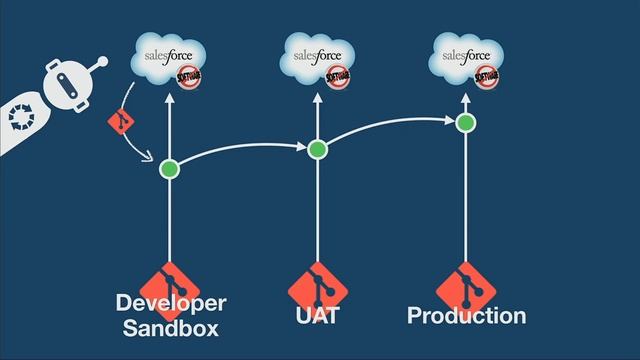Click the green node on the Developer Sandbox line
point(169,168)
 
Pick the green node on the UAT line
point(317,150)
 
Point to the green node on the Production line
point(465,123)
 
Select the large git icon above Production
point(465,285)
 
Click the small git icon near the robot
point(119,123)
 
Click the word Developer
point(171,303)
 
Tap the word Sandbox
point(170,328)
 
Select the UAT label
point(317,316)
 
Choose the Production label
point(466,316)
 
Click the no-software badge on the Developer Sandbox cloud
point(188,76)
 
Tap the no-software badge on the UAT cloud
point(338,75)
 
